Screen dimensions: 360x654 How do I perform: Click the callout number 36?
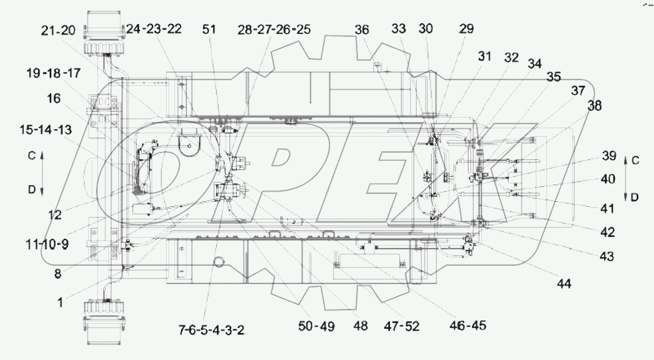coord(362,31)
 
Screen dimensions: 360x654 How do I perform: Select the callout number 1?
coord(60,303)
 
